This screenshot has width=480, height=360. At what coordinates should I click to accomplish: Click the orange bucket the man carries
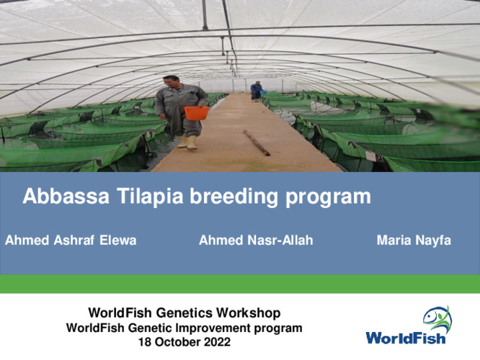[x=196, y=113]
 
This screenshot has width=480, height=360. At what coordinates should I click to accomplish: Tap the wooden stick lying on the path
[x=257, y=143]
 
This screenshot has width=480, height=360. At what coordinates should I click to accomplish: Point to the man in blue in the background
[x=256, y=90]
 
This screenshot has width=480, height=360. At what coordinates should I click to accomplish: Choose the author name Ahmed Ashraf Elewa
[x=71, y=240]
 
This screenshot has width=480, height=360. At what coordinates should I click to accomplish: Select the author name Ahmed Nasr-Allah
[x=256, y=240]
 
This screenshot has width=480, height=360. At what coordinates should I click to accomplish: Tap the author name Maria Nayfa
[x=414, y=240]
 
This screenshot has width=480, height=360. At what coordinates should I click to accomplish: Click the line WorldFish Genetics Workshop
[x=184, y=313]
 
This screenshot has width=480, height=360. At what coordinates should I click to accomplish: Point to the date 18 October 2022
[x=184, y=342]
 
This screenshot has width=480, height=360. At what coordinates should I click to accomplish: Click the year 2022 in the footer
[x=217, y=342]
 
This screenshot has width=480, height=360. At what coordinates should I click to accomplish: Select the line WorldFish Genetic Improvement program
[x=184, y=328]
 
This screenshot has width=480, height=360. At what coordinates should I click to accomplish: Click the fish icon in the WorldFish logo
[x=436, y=317]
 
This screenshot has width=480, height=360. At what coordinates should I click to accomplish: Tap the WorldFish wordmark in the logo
[x=405, y=337]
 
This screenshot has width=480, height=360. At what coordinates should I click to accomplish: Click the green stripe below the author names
[x=240, y=284]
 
